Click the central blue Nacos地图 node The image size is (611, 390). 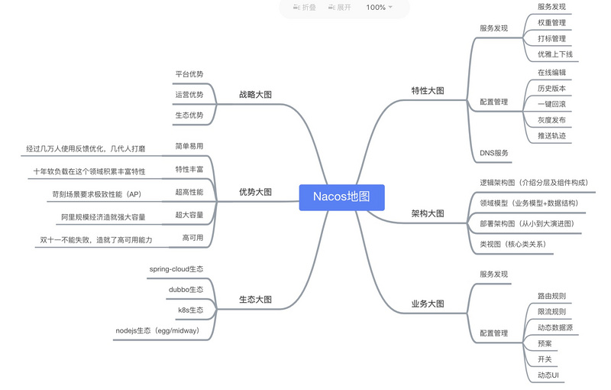click(341, 197)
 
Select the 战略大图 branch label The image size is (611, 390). click(255, 94)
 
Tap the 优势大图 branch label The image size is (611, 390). click(255, 192)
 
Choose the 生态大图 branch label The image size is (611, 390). click(255, 300)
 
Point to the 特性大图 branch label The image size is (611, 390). click(428, 90)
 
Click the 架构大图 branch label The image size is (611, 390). click(428, 213)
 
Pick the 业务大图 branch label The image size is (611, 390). click(428, 304)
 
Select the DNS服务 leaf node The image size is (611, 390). click(494, 153)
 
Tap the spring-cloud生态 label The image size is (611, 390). click(176, 269)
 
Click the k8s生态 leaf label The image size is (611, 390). click(190, 310)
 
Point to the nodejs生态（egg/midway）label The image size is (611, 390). click(158, 330)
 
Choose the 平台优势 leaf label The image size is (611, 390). click(189, 74)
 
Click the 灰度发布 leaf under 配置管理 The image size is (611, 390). click(551, 120)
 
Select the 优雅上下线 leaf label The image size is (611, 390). click(555, 54)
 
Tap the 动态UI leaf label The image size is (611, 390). click(548, 375)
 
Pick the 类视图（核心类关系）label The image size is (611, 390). click(513, 244)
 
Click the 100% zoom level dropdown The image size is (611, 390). click(379, 8)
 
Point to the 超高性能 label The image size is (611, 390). click(189, 192)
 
